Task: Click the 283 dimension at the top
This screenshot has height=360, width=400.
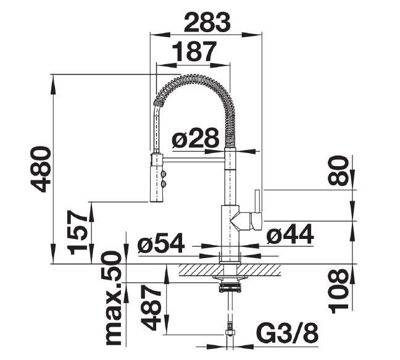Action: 207,22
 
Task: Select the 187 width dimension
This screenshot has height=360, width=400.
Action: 194,52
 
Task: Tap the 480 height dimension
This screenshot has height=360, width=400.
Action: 40,169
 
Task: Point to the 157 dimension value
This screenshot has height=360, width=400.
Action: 78,233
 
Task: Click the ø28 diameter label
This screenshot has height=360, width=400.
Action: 196,138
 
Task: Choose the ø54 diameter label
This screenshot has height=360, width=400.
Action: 161,243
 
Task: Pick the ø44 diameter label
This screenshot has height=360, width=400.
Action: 290,233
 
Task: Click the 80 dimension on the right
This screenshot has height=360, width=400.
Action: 338,170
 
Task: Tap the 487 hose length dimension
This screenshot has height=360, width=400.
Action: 151,308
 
